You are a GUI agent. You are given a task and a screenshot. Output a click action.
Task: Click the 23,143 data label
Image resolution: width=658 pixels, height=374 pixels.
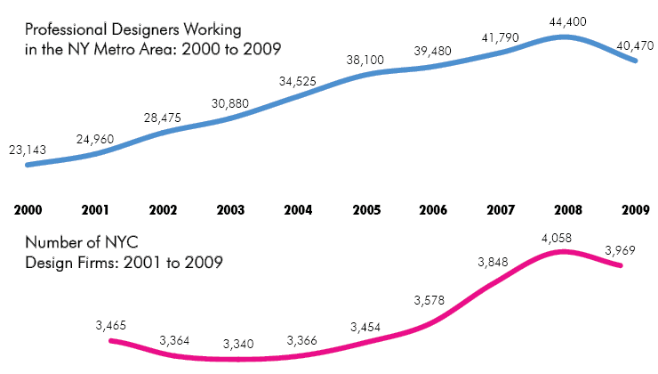28,150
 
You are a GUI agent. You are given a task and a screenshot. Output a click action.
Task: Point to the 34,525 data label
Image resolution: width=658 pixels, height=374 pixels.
298,81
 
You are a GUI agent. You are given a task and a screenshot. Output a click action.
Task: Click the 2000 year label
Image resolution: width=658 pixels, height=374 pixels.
28,211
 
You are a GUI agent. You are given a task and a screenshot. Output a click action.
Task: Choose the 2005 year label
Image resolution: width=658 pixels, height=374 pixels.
365,211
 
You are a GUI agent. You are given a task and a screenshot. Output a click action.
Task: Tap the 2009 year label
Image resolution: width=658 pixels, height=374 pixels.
634,211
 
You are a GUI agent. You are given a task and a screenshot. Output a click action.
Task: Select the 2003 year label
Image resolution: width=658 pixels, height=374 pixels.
230,211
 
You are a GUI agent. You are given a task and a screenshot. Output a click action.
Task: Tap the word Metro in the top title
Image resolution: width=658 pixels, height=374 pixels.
114,50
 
